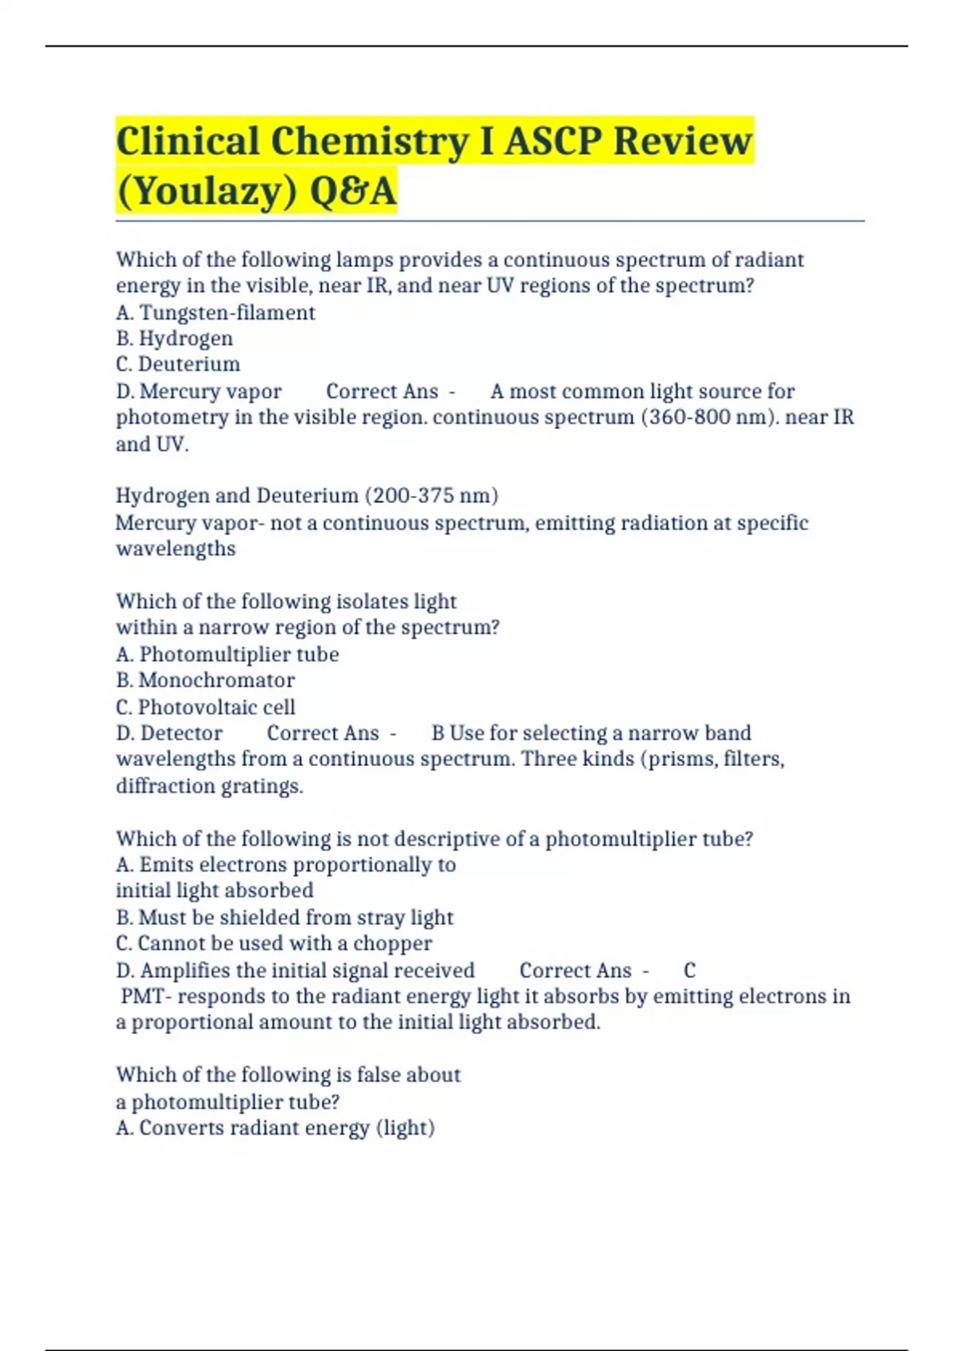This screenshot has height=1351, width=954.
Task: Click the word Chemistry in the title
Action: tap(370, 141)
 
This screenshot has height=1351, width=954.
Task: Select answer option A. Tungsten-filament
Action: tap(215, 312)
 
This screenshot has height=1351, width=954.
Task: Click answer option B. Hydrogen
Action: tap(174, 339)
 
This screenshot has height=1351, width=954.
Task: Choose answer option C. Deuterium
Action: tap(178, 364)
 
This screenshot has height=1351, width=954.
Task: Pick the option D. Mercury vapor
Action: tap(199, 391)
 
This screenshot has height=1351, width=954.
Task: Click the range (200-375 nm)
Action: tap(431, 496)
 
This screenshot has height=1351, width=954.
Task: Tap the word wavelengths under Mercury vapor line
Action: tap(176, 549)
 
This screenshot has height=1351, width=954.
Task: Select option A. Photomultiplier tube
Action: tap(227, 654)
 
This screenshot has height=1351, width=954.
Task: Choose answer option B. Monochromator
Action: tap(205, 680)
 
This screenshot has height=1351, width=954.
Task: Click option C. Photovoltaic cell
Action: tap(205, 706)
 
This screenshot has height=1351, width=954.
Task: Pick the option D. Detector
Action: tap(169, 733)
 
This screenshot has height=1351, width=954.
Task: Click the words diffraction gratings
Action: tap(210, 786)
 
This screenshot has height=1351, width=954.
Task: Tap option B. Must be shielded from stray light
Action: tap(285, 917)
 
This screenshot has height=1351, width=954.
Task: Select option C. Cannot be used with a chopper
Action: tap(274, 943)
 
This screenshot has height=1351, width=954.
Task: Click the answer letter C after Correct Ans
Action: tap(689, 970)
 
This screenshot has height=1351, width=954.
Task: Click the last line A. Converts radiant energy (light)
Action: tap(275, 1128)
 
